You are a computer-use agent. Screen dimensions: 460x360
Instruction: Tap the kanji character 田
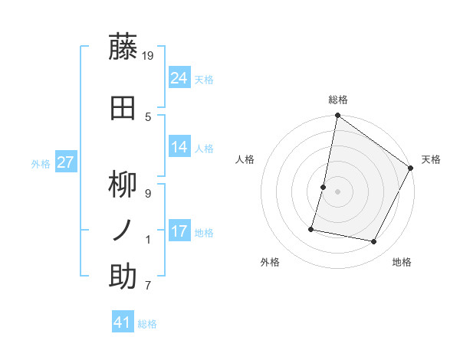click(124, 107)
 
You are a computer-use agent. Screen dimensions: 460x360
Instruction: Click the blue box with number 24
click(179, 77)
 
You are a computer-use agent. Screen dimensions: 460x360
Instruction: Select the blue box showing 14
click(179, 148)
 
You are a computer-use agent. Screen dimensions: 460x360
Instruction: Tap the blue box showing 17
click(179, 231)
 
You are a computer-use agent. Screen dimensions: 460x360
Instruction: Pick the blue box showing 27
click(65, 162)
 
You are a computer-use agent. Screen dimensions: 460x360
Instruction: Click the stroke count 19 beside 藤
click(149, 55)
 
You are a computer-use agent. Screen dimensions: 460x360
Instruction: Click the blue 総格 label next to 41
click(147, 324)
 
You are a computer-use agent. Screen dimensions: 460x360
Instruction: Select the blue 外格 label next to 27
click(41, 163)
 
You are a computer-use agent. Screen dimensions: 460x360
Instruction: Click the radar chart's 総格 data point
click(337, 116)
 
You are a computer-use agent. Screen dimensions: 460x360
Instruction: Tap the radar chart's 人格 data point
click(324, 187)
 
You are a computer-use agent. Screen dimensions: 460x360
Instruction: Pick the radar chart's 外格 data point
click(311, 228)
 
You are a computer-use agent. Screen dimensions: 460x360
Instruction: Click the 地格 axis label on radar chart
click(402, 263)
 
